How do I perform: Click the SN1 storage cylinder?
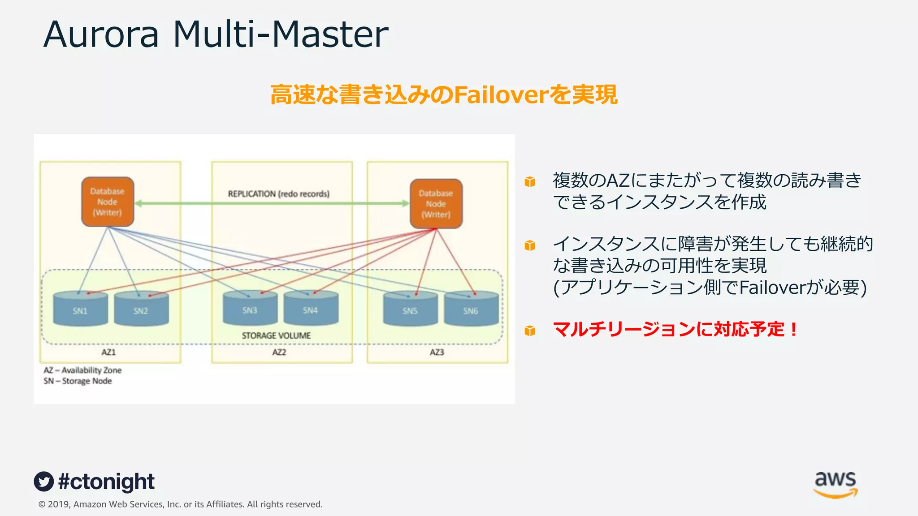80,309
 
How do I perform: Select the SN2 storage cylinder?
141,309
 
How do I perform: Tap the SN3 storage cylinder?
250,309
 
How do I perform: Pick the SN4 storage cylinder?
311,309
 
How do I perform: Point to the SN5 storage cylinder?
410,310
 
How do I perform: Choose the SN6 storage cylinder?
471,310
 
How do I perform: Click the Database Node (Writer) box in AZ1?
108,202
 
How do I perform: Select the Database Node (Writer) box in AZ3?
436,204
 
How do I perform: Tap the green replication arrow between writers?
272,203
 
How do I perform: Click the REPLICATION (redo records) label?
278,194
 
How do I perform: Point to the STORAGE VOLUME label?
276,335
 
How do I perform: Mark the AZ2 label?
279,352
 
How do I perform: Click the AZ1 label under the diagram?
108,352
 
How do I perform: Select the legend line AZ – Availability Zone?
82,370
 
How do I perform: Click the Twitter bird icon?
44,482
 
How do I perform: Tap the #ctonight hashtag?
106,482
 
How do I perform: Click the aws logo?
836,484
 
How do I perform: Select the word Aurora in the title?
101,34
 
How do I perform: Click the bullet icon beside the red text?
530,331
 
